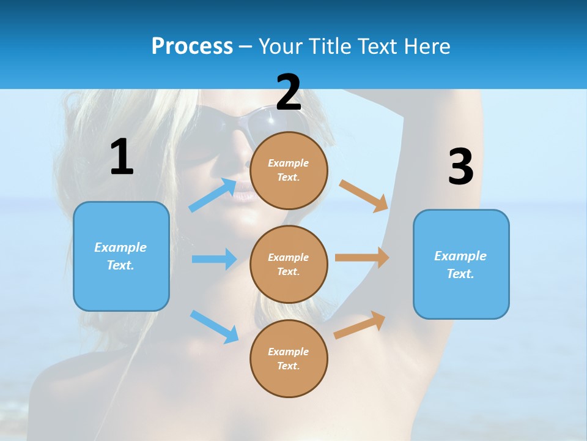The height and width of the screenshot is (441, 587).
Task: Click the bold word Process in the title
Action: click(x=192, y=47)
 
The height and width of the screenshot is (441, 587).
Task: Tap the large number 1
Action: click(x=122, y=157)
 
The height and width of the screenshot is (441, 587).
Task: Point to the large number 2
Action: click(x=289, y=92)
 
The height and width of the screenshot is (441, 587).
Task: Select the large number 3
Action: click(x=460, y=167)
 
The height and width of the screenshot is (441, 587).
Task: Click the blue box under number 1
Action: click(x=121, y=256)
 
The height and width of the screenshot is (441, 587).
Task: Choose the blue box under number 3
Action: click(x=461, y=264)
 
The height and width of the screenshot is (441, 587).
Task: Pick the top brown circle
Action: click(x=289, y=170)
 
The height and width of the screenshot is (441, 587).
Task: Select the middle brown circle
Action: click(x=289, y=264)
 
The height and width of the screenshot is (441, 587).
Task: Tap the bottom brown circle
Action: click(x=289, y=358)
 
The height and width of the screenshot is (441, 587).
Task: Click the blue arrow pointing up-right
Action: click(x=213, y=195)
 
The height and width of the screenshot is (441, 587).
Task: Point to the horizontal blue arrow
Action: click(x=214, y=259)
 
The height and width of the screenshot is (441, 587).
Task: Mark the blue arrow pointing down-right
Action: click(x=214, y=326)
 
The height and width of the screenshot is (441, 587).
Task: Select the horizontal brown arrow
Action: click(x=362, y=258)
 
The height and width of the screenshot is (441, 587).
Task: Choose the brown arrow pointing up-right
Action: click(x=360, y=325)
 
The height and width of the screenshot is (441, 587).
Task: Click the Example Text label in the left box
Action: click(x=120, y=256)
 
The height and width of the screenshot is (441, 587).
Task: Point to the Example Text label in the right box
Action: click(x=460, y=265)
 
